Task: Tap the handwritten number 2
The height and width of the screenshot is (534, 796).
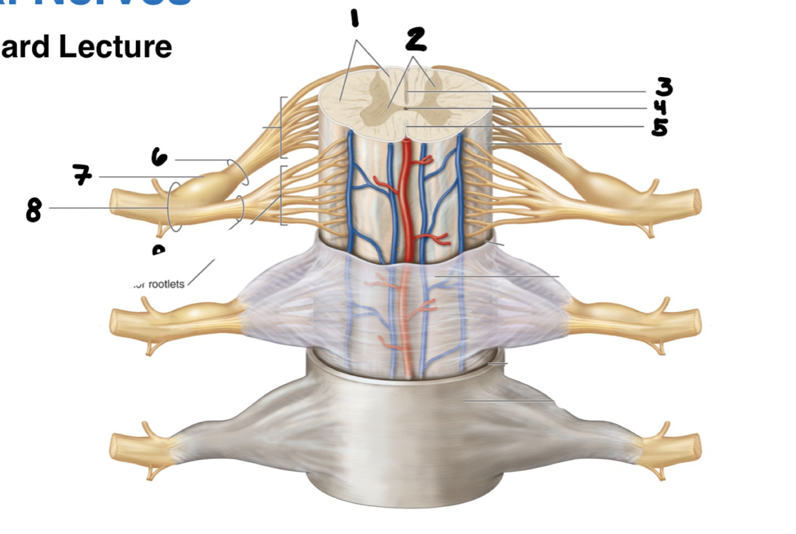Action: pos(416,39)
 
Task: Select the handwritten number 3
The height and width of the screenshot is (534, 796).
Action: pos(663,87)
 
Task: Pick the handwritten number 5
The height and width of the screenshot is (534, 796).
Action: pos(660,127)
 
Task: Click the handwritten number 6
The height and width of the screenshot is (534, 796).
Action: pos(159,157)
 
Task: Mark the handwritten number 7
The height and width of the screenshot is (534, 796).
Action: pos(81,176)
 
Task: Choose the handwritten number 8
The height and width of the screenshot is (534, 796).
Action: pos(34,211)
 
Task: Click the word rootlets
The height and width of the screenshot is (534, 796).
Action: pos(166,284)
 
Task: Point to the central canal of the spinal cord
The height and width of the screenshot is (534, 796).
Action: pos(405,108)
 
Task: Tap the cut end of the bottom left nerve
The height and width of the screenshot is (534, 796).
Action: pos(114,447)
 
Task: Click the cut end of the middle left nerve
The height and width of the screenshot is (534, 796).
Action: pos(114,323)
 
